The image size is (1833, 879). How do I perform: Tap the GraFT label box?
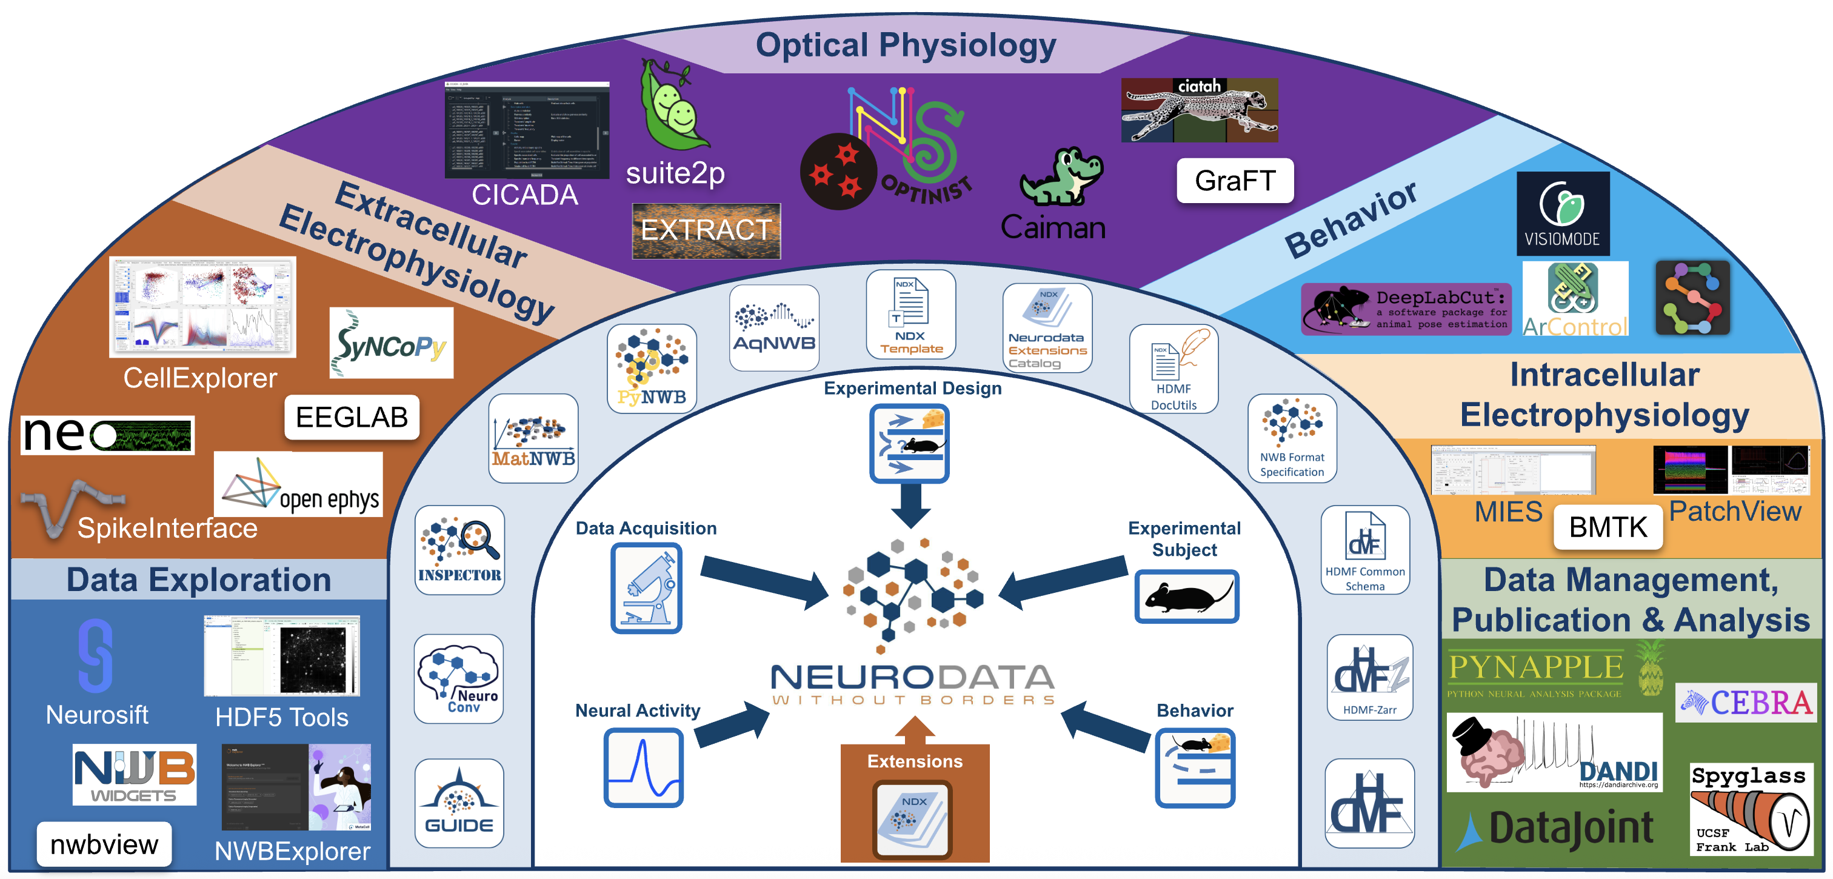pyautogui.click(x=1235, y=181)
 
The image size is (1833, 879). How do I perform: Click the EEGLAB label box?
pyautogui.click(x=352, y=417)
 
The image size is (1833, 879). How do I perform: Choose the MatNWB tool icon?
pyautogui.click(x=533, y=438)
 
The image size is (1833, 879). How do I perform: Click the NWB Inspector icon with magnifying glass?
pyautogui.click(x=459, y=549)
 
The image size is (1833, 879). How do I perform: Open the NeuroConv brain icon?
pyautogui.click(x=459, y=678)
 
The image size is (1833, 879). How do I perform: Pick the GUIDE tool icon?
pyautogui.click(x=459, y=803)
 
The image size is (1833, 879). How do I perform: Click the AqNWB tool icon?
pyautogui.click(x=774, y=327)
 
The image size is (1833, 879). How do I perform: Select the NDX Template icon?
pyautogui.click(x=910, y=314)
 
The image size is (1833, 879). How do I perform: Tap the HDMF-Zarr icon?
pyautogui.click(x=1370, y=678)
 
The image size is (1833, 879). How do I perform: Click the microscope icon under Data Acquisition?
pyautogui.click(x=646, y=588)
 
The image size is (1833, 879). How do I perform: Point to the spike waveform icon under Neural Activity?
pyautogui.click(x=643, y=768)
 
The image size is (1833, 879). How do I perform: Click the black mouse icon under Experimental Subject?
pyautogui.click(x=1186, y=597)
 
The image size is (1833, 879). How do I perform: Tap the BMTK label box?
pyautogui.click(x=1608, y=527)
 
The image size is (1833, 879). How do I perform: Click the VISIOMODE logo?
pyautogui.click(x=1563, y=213)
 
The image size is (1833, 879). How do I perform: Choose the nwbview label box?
pyautogui.click(x=104, y=844)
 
